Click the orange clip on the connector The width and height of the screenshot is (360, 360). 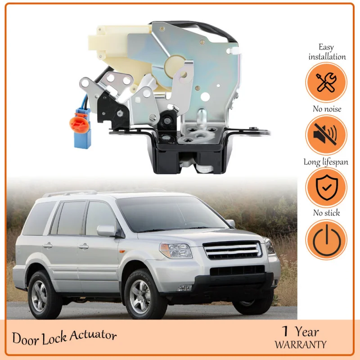pyautogui.click(x=78, y=122)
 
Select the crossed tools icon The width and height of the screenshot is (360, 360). pyautogui.click(x=326, y=83)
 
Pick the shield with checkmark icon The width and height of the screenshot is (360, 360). pyautogui.click(x=326, y=188)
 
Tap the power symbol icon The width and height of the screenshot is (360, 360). pyautogui.click(x=326, y=240)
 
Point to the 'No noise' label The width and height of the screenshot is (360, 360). pyautogui.click(x=327, y=109)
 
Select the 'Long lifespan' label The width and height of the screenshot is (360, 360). pyautogui.click(x=327, y=162)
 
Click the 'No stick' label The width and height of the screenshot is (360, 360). pyautogui.click(x=327, y=213)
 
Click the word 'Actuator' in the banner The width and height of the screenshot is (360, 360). pyautogui.click(x=93, y=336)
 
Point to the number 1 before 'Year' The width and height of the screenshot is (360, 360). pyautogui.click(x=284, y=332)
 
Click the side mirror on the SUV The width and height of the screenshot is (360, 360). pyautogui.click(x=107, y=230)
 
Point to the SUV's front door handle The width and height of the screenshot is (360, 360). pyautogui.click(x=83, y=246)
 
